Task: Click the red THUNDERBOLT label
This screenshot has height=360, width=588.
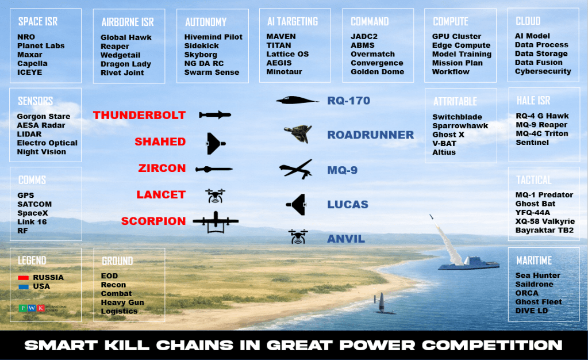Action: click(139, 115)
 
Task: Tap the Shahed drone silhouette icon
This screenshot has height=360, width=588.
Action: click(215, 143)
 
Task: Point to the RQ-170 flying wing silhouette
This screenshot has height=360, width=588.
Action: click(297, 100)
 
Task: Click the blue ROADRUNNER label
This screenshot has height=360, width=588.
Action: click(371, 135)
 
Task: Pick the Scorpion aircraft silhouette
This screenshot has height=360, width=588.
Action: click(216, 222)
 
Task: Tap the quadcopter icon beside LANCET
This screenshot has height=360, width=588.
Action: click(215, 196)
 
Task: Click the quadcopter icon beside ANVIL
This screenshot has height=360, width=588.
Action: click(298, 237)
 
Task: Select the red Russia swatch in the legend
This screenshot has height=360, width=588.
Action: click(23, 278)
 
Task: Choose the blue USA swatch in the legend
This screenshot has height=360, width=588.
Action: click(23, 287)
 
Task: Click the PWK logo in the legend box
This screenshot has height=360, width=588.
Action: click(32, 308)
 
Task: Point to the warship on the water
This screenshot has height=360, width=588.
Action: click(469, 262)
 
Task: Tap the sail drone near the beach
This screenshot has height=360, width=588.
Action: click(382, 304)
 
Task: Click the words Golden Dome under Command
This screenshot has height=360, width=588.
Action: click(377, 72)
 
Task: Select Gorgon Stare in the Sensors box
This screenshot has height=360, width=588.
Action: click(44, 116)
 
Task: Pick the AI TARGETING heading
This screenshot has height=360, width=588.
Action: click(293, 22)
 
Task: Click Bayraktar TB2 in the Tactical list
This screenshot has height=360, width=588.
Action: click(544, 230)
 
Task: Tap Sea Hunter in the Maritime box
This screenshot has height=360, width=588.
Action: click(538, 275)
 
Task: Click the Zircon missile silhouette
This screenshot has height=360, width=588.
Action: click(214, 169)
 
